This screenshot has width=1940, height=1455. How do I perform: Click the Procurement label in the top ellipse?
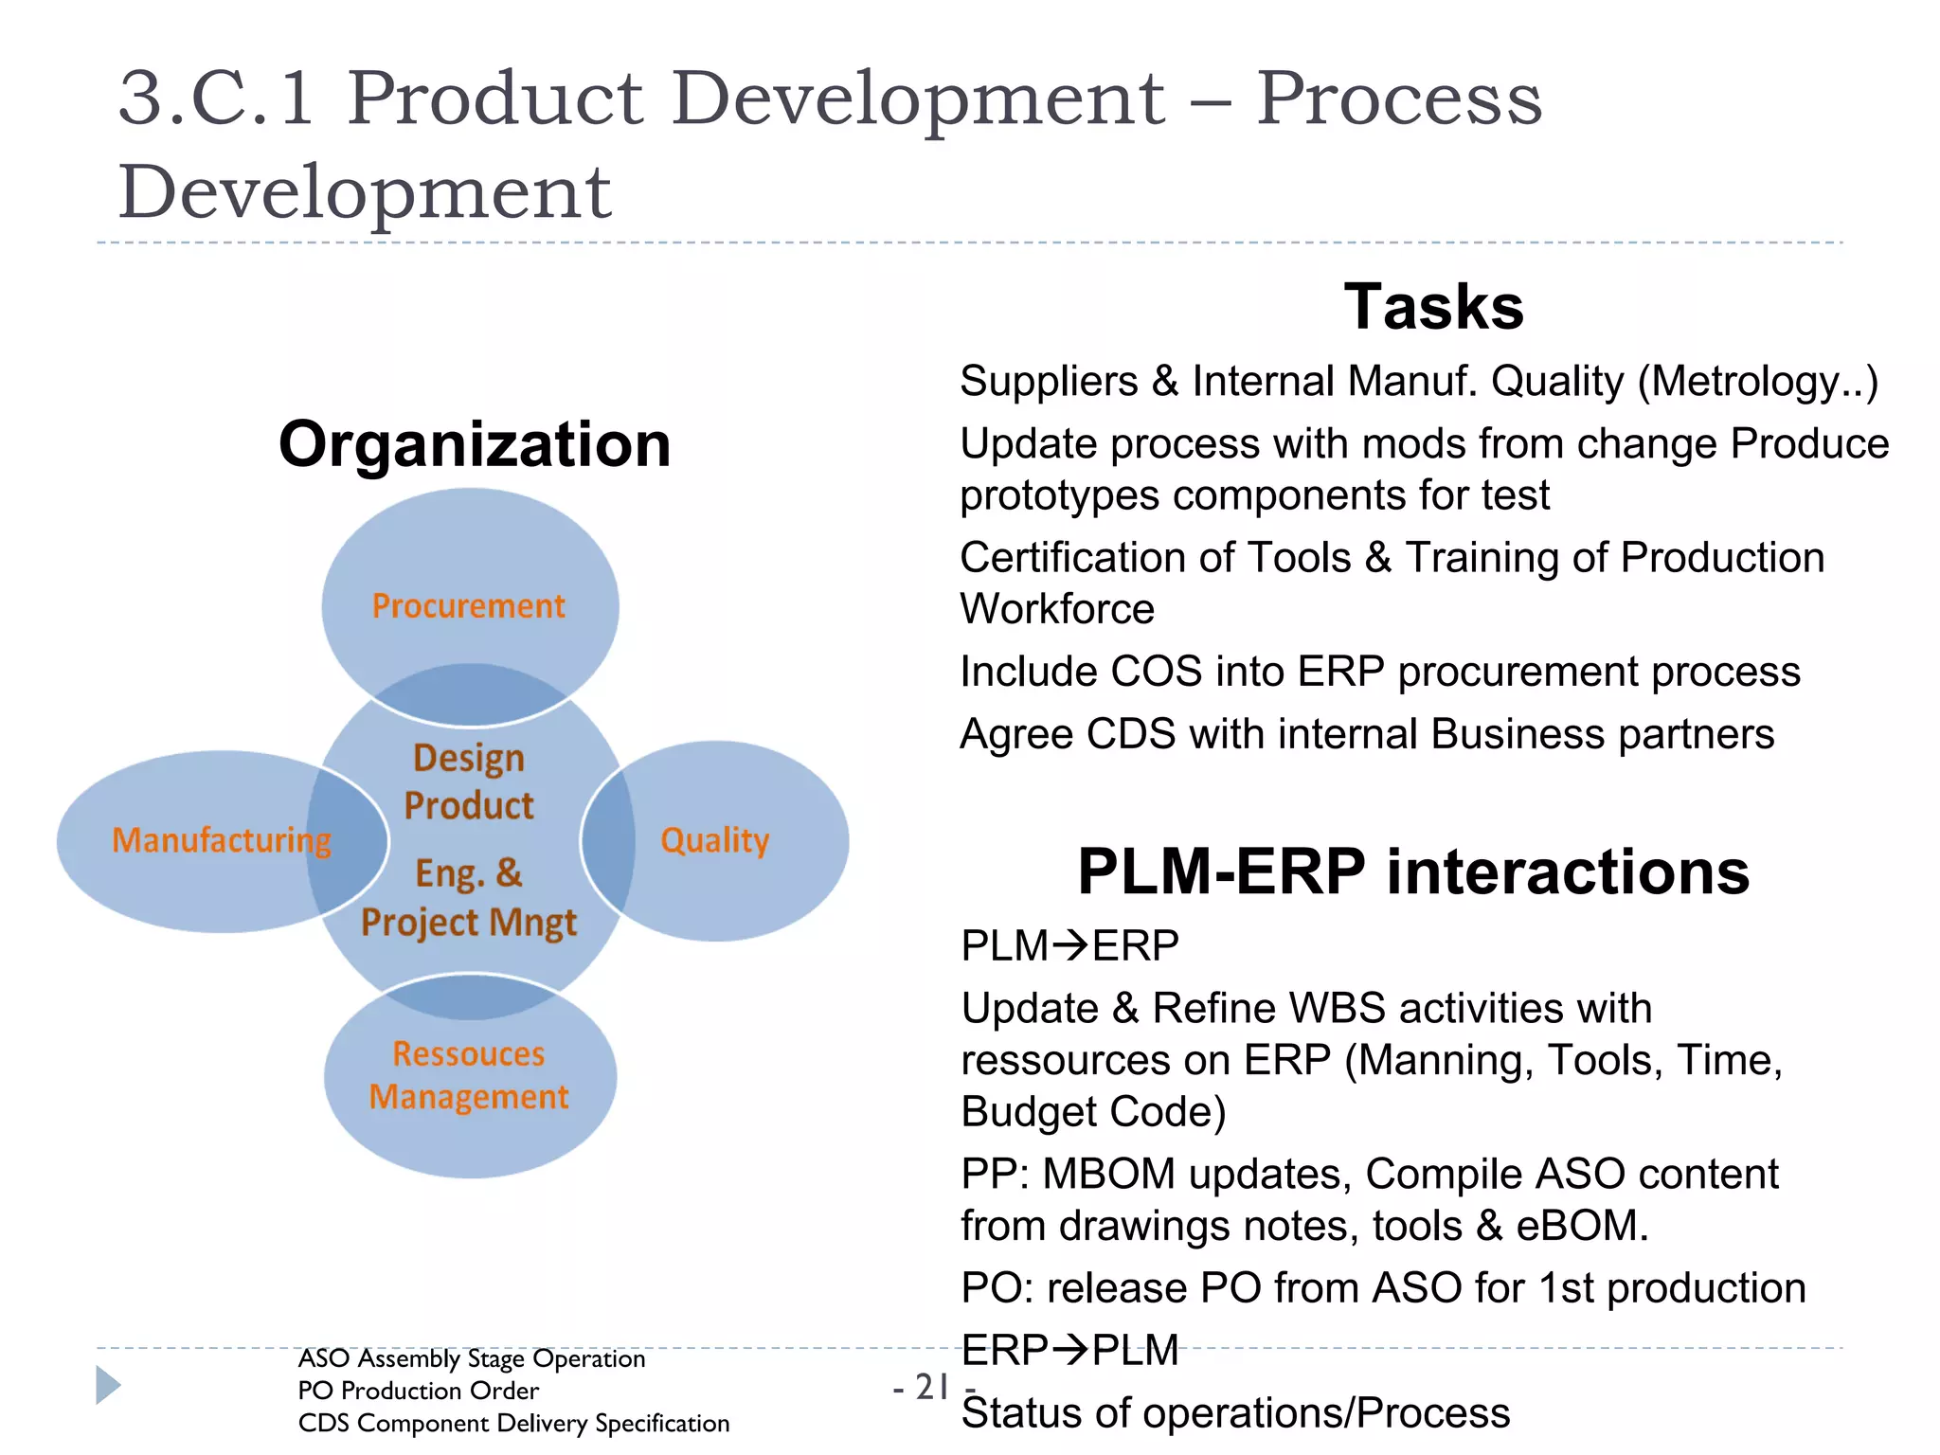coord(469,606)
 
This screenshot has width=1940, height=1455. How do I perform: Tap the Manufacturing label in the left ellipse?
coord(222,840)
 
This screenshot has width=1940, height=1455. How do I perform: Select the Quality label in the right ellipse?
coord(714,840)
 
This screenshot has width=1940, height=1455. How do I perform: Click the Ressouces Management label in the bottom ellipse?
coord(469,1075)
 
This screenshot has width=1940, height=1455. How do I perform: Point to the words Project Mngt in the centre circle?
coord(469,923)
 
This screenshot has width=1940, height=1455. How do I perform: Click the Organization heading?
coord(475,444)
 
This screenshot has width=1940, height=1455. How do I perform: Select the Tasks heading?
coord(1433,307)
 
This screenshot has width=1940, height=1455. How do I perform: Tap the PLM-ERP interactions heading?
coord(1412,871)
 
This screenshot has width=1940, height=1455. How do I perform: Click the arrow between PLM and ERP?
coord(1071,945)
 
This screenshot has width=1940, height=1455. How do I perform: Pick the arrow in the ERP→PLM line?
coord(1071,1350)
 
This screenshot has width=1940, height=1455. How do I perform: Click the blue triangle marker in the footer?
coord(109,1385)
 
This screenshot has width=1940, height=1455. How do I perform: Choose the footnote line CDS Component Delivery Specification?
coord(513,1423)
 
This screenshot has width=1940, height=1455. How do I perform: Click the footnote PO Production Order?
coord(418,1391)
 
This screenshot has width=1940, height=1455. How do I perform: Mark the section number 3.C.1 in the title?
coord(217,99)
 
